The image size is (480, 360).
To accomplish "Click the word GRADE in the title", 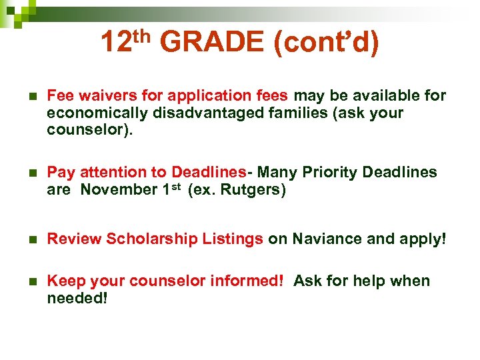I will coord(212,43).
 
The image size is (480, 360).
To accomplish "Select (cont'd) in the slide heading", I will coord(326,43).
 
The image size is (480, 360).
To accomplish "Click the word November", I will coord(119,190).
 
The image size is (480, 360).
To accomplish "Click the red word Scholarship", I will coord(148,239).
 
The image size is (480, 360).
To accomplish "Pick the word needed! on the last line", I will coord(77,299).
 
